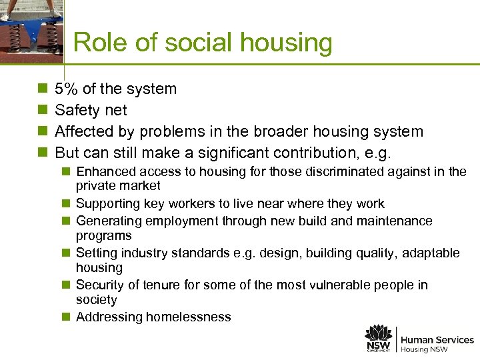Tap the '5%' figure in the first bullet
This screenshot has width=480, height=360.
click(67, 89)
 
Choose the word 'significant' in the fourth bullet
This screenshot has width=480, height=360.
click(259, 153)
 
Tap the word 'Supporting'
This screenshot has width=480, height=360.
click(109, 204)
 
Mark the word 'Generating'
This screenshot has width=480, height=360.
click(109, 221)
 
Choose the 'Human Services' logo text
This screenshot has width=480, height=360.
click(437, 340)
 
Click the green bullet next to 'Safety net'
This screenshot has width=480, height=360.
click(43, 110)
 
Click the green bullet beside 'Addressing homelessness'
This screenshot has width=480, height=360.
click(67, 317)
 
